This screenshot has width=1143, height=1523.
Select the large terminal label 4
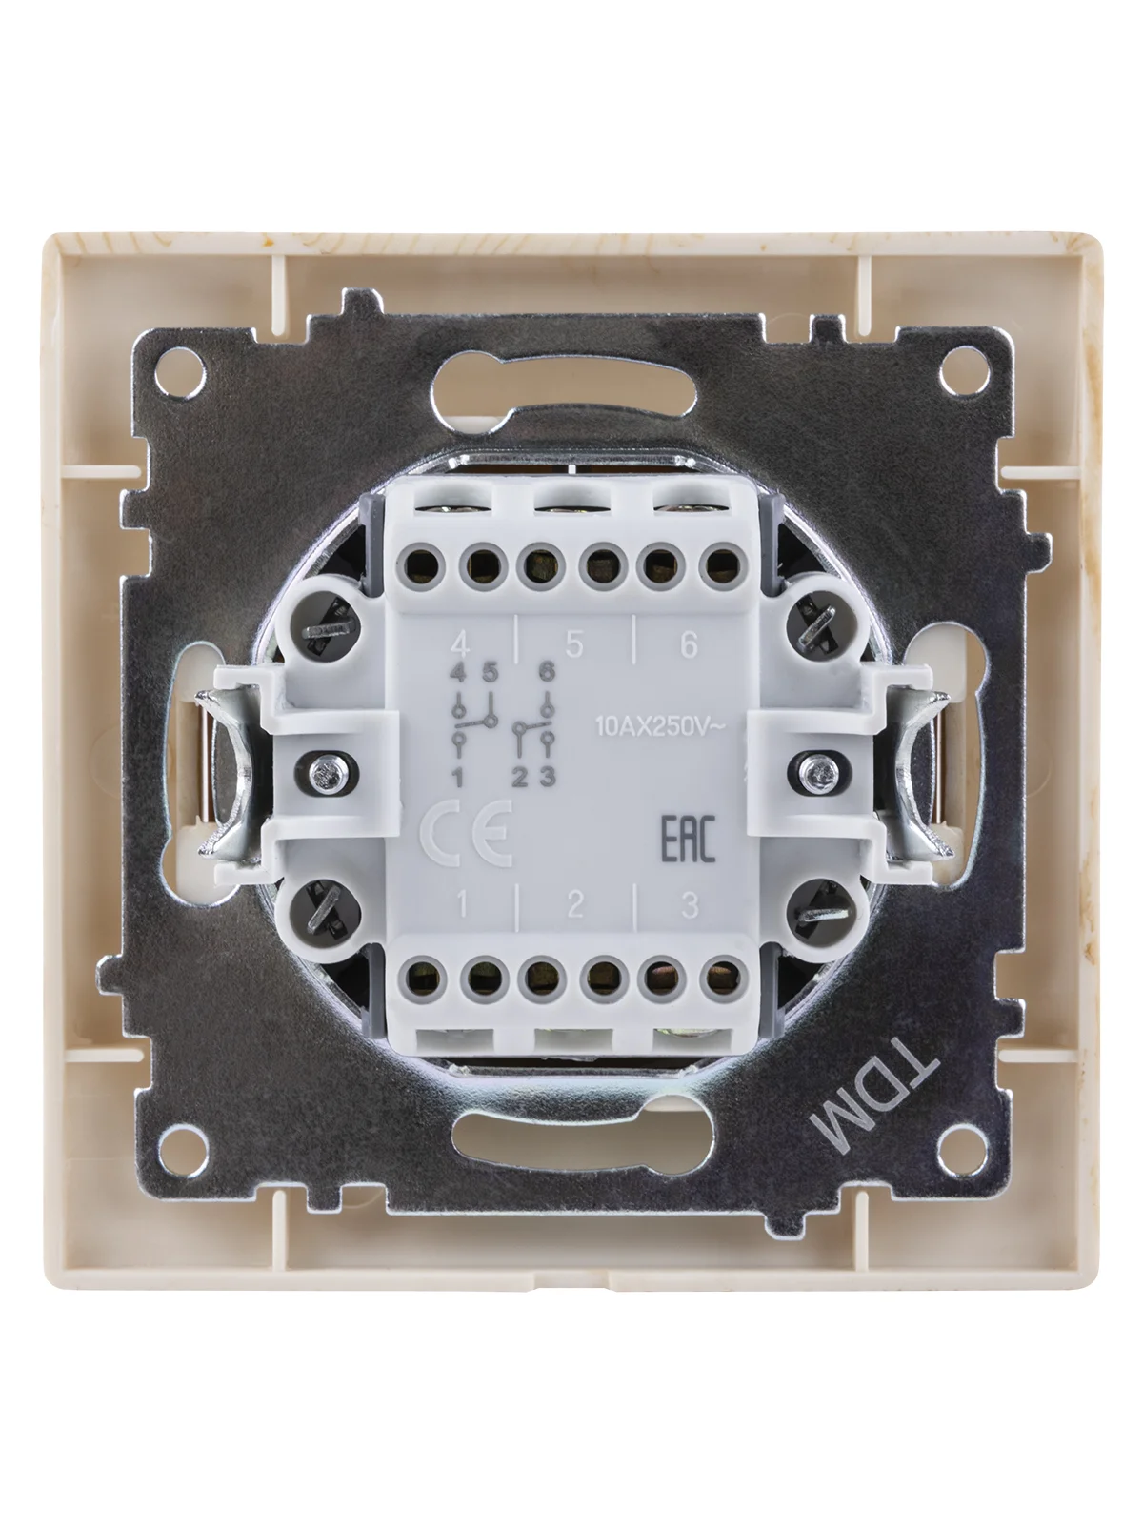pyautogui.click(x=460, y=645)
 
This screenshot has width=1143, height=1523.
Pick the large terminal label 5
pyautogui.click(x=574, y=645)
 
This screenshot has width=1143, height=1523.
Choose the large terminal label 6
pyautogui.click(x=689, y=645)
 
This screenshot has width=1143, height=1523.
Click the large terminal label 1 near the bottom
pyautogui.click(x=461, y=905)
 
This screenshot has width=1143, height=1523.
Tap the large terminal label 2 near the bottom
pyautogui.click(x=574, y=905)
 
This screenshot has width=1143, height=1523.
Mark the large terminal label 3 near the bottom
pyautogui.click(x=689, y=905)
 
